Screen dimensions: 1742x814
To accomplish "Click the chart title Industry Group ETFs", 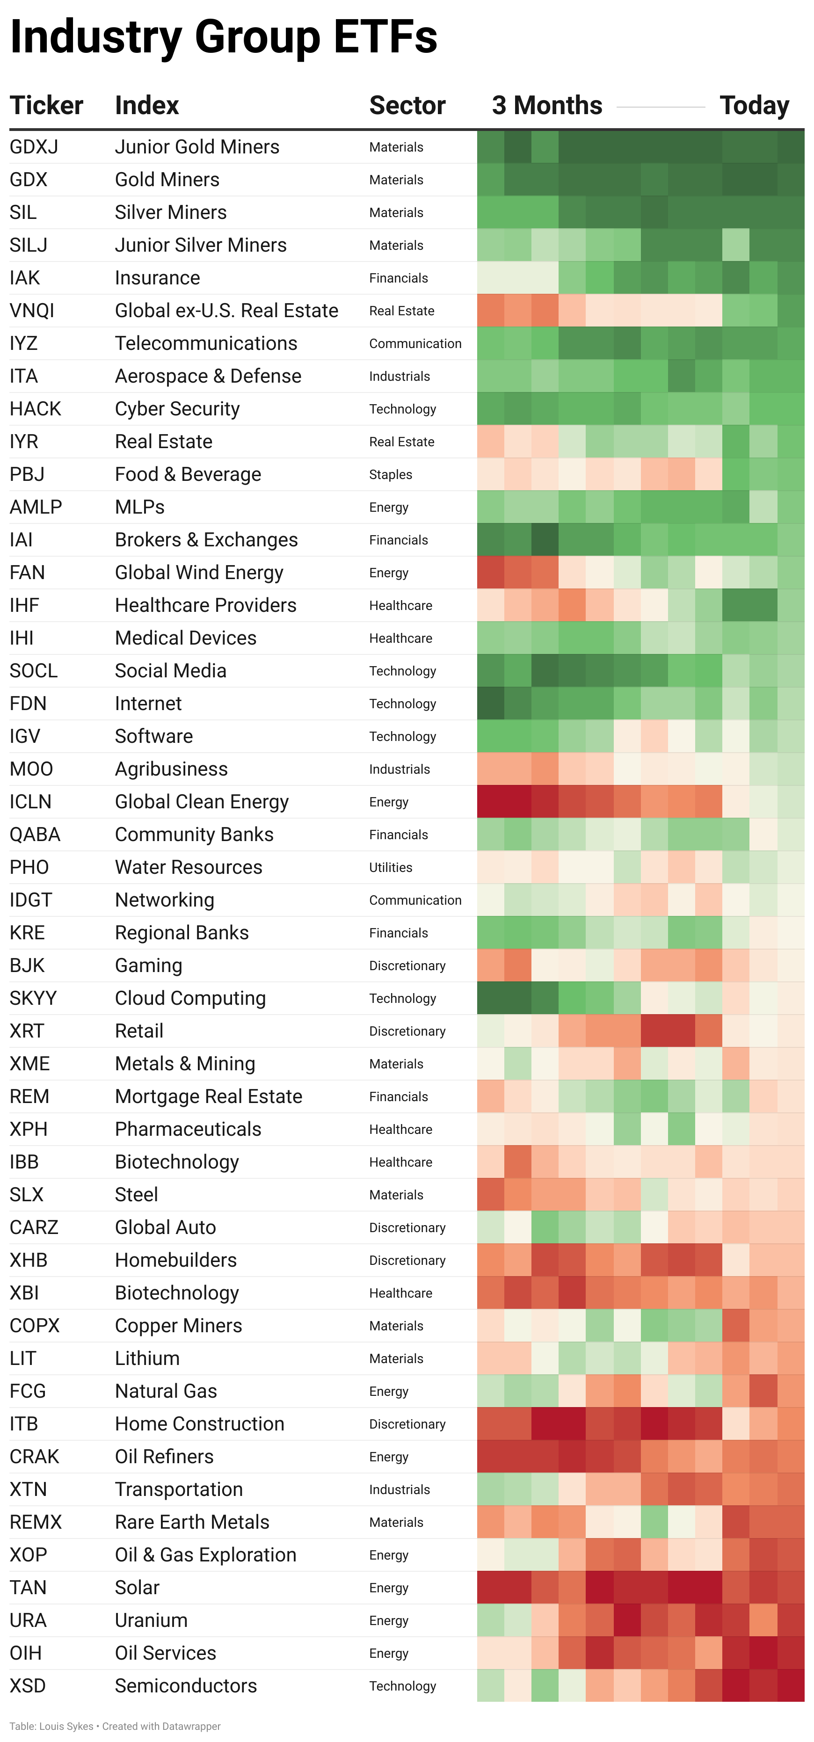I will (x=224, y=37).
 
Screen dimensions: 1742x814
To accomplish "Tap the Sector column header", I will (x=407, y=106).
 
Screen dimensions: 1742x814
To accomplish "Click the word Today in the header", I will (x=754, y=106).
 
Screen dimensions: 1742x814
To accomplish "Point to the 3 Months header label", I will (x=547, y=106).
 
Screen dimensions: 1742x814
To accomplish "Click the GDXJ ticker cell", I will (x=34, y=147).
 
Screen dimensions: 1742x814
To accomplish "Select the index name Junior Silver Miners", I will (x=201, y=245).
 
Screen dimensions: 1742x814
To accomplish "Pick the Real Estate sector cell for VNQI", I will (x=401, y=311).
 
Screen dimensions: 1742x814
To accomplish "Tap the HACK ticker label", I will (x=35, y=408).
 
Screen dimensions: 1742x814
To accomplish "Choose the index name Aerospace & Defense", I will (x=208, y=376).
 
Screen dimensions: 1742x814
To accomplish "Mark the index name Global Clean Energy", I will (x=202, y=801).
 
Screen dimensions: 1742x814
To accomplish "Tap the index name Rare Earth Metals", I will (x=192, y=1522).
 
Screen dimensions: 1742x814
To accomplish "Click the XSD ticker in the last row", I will (x=28, y=1685).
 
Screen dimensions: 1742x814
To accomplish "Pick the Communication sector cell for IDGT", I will (x=415, y=900).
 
